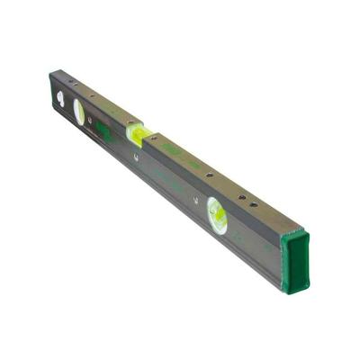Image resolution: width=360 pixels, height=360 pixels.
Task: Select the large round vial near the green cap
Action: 217,215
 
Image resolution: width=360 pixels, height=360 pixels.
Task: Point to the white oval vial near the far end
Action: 79,112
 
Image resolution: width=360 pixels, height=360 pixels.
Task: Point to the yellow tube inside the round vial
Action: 217,216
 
